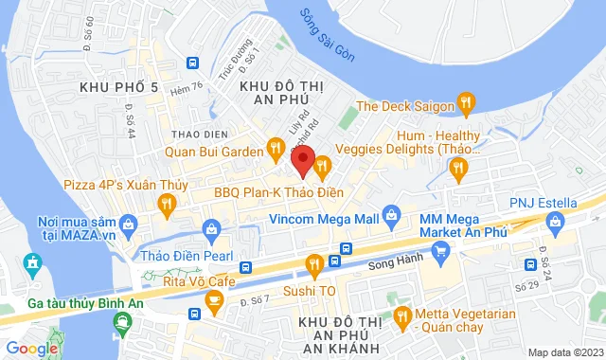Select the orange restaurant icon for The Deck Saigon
tap(465, 100)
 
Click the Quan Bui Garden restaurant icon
tap(275, 147)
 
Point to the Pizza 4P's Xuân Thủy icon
tap(167, 201)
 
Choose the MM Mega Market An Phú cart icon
tap(439, 250)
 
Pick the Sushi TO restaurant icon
tap(314, 264)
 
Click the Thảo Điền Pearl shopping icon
tap(215, 231)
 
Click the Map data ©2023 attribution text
tap(564, 352)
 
